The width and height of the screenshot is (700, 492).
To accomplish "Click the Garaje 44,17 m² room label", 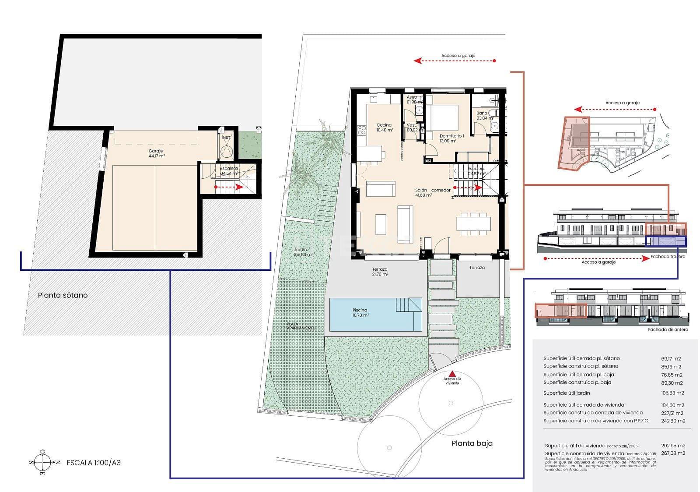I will pos(156,153).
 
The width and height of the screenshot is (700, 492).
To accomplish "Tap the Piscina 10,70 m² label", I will pos(360,312).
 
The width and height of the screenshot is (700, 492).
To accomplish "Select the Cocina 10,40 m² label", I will pos(385,127).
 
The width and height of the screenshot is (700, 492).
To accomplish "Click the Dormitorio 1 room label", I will pos(451,138).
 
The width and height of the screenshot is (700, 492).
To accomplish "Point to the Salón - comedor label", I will pos(432,192).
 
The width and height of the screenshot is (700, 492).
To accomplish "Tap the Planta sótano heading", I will pos(63,295).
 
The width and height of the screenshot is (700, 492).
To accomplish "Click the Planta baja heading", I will pos(472,443).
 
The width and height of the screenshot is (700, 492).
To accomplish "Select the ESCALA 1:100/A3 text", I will pos(93,463).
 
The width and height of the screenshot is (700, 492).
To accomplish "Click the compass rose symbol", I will pos(42,462).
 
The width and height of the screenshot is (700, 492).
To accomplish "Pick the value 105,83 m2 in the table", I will pos(672,393).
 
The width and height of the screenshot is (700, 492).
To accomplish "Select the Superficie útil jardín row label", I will pos(567,393).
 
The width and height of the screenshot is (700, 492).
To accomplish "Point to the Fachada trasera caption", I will pos(668,256).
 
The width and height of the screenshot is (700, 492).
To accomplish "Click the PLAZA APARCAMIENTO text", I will pos(301,326).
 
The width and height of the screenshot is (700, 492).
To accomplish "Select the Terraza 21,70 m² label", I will pos(380,272).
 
